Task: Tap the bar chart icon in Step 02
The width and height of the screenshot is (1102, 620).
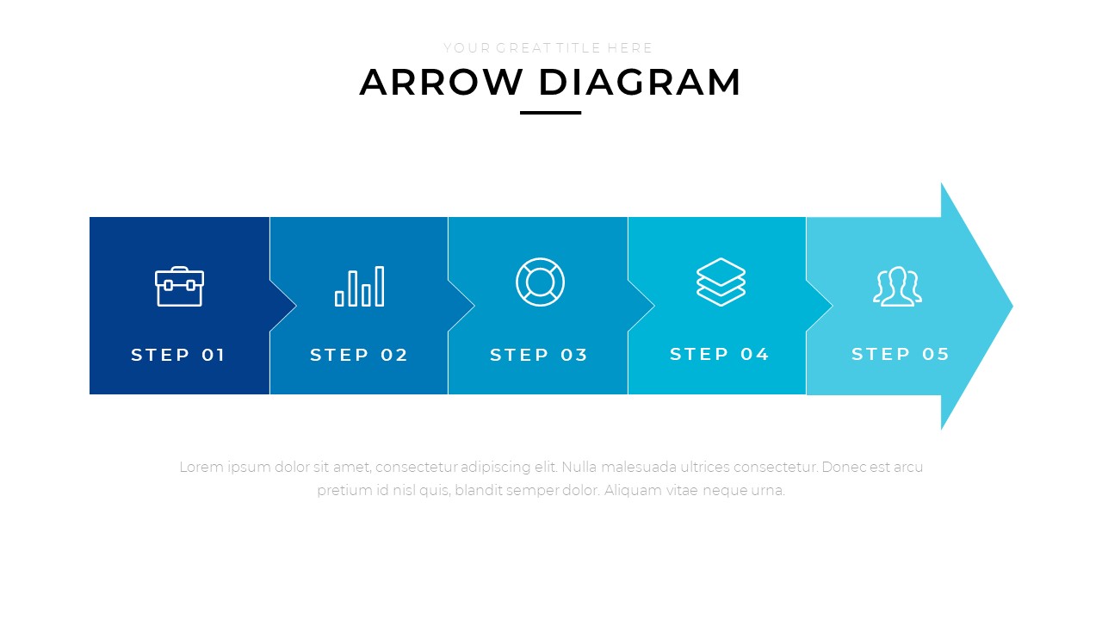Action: (x=360, y=287)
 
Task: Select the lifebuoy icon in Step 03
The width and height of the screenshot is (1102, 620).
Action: (x=540, y=282)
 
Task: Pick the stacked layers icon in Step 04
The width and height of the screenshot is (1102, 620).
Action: (x=721, y=282)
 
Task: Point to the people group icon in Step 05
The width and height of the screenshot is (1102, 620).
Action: (x=897, y=287)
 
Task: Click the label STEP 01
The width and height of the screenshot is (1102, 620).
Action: (x=178, y=355)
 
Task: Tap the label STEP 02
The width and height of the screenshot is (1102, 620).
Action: (x=359, y=355)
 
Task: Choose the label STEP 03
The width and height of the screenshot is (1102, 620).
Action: (x=539, y=355)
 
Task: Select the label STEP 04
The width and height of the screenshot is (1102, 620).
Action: (x=720, y=354)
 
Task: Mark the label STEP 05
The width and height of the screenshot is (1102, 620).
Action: (x=901, y=354)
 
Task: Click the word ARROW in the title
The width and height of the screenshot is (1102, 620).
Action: (x=441, y=82)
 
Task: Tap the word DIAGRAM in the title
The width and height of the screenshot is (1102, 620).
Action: (x=640, y=82)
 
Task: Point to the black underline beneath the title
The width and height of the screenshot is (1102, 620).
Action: (x=550, y=113)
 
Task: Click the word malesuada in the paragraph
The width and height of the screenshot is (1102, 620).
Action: (x=639, y=467)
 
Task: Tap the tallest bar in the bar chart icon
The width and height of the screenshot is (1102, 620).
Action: (x=380, y=287)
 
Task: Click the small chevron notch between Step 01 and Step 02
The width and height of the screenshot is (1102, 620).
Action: (x=283, y=306)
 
